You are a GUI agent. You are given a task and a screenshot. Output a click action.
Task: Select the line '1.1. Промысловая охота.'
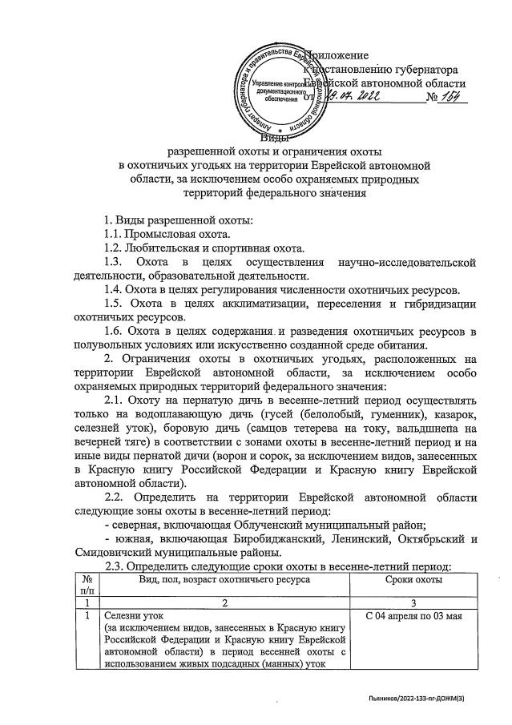167,234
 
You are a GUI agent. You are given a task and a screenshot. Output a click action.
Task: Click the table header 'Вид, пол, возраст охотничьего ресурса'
224,578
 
